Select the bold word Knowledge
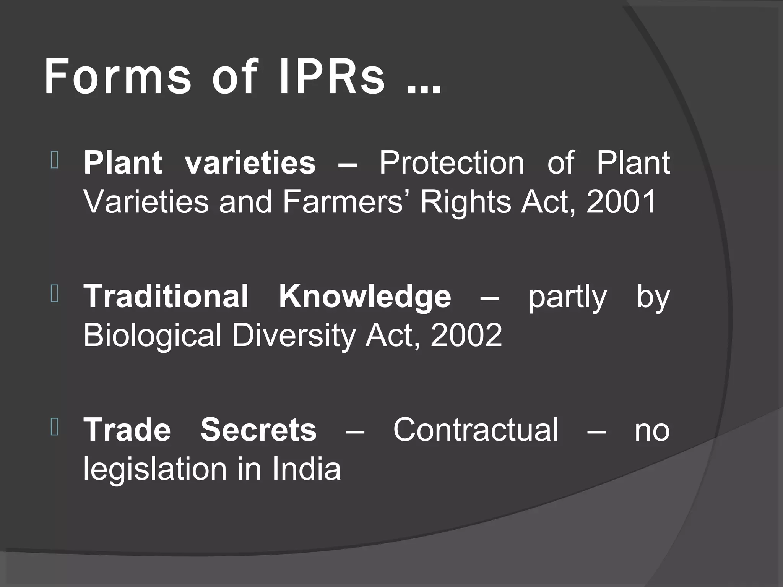pyautogui.click(x=365, y=297)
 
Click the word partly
pyautogui.click(x=567, y=298)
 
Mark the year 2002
pyautogui.click(x=466, y=336)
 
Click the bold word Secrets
pyautogui.click(x=258, y=430)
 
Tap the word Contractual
pyautogui.click(x=476, y=430)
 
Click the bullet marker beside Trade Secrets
pyautogui.click(x=54, y=428)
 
